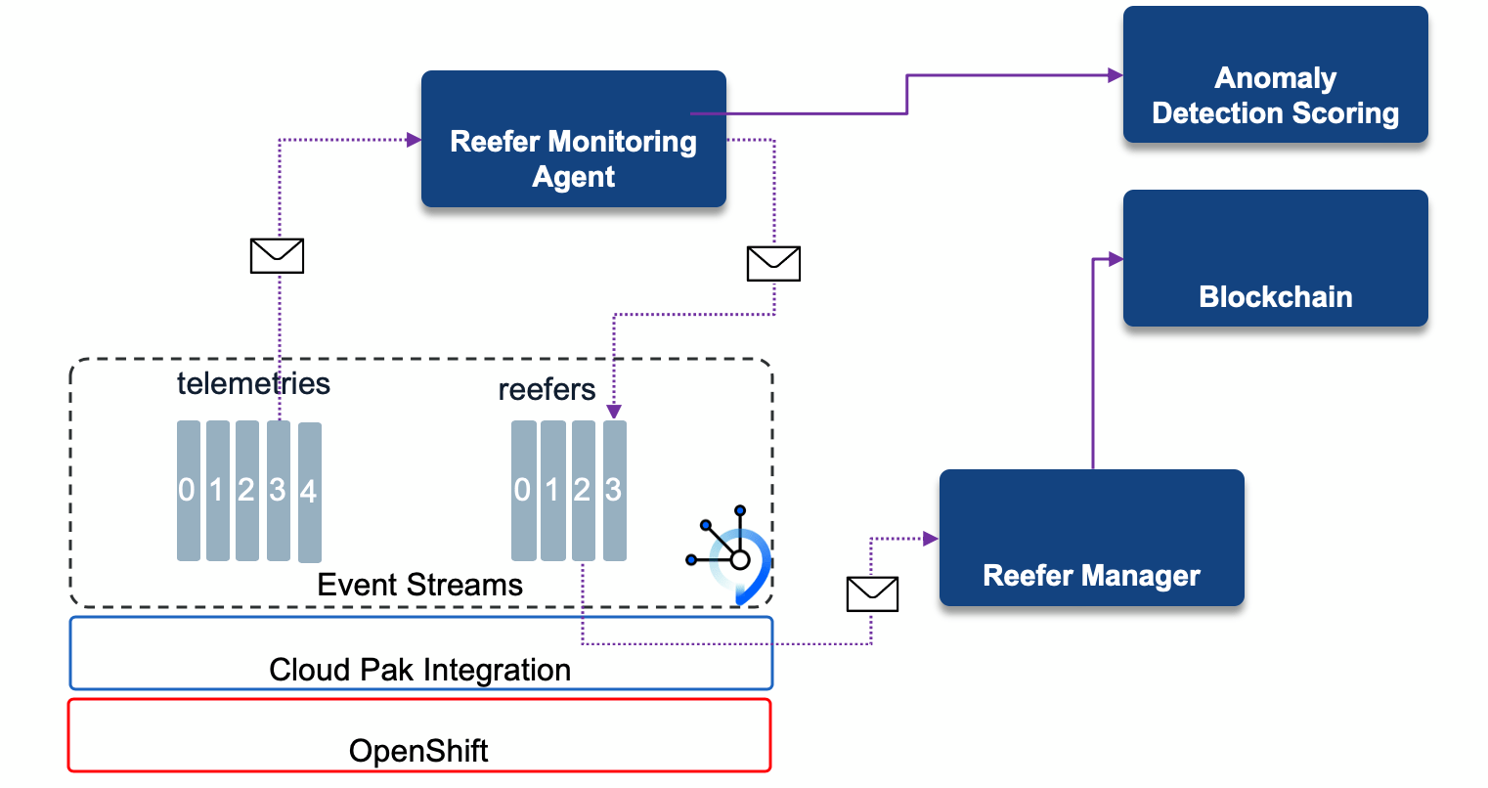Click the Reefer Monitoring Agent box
point(573,139)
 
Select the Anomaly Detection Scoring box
point(1275,75)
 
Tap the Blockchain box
point(1275,258)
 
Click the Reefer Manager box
point(1091,538)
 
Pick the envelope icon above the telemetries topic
point(278,255)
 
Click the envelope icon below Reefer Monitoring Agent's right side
point(773,263)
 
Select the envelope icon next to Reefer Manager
point(871,593)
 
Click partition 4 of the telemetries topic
point(309,491)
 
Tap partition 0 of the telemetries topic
point(188,490)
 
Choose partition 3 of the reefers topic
point(614,490)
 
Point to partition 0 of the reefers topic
point(523,490)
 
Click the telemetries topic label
point(253,383)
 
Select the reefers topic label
point(547,390)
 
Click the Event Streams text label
point(419,585)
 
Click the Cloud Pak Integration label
point(419,670)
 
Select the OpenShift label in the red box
point(418,751)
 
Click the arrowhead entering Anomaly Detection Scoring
point(1115,75)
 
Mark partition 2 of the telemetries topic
point(247,490)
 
